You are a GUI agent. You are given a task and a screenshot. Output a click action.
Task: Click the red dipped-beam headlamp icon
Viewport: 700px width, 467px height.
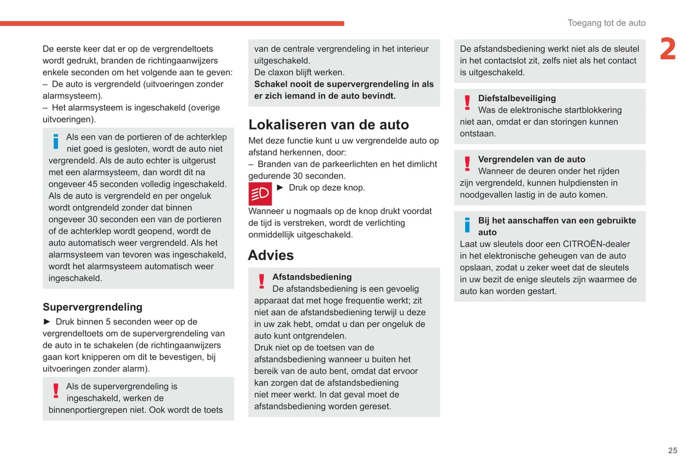click(x=260, y=194)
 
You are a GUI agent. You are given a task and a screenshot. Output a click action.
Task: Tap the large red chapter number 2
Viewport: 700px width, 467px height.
click(x=668, y=49)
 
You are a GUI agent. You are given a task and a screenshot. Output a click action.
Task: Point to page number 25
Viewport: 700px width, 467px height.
click(x=672, y=451)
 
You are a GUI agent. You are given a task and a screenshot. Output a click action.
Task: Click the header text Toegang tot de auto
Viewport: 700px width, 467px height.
click(x=606, y=23)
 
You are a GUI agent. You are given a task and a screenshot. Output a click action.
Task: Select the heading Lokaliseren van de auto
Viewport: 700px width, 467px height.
click(x=328, y=125)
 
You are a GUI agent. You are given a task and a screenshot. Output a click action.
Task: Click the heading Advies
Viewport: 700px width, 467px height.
click(x=271, y=255)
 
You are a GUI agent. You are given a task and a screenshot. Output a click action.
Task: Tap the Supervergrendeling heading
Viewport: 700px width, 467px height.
click(x=93, y=307)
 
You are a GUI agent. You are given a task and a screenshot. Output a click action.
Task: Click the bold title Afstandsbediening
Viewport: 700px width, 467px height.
click(x=312, y=277)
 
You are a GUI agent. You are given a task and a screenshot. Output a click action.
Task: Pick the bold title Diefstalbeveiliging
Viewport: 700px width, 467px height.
click(x=517, y=98)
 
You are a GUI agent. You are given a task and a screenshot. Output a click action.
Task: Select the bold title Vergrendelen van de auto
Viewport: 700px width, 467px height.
click(x=531, y=159)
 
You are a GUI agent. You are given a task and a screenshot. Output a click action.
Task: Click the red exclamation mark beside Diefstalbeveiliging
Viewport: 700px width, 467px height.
click(x=467, y=103)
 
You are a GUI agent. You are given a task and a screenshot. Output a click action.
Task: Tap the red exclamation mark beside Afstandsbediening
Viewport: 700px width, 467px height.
click(x=262, y=281)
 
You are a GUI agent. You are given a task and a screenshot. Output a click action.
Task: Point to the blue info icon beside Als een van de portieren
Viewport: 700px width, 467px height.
click(x=56, y=141)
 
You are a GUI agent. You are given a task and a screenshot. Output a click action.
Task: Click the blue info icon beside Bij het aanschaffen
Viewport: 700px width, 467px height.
click(x=467, y=225)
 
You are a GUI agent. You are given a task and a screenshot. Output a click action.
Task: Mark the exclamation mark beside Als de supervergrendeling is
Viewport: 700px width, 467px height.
click(x=56, y=391)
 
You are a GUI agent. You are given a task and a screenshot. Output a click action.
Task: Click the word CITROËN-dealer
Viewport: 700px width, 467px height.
click(x=596, y=244)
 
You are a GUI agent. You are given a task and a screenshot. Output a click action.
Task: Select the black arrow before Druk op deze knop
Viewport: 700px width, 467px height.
click(x=280, y=187)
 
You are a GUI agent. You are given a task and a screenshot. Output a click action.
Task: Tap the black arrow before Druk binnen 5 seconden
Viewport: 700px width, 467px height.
click(x=47, y=322)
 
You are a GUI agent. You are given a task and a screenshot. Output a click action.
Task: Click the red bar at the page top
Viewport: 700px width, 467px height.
click(x=172, y=23)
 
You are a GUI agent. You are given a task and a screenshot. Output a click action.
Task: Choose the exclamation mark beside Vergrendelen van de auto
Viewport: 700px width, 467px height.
click(x=467, y=164)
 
